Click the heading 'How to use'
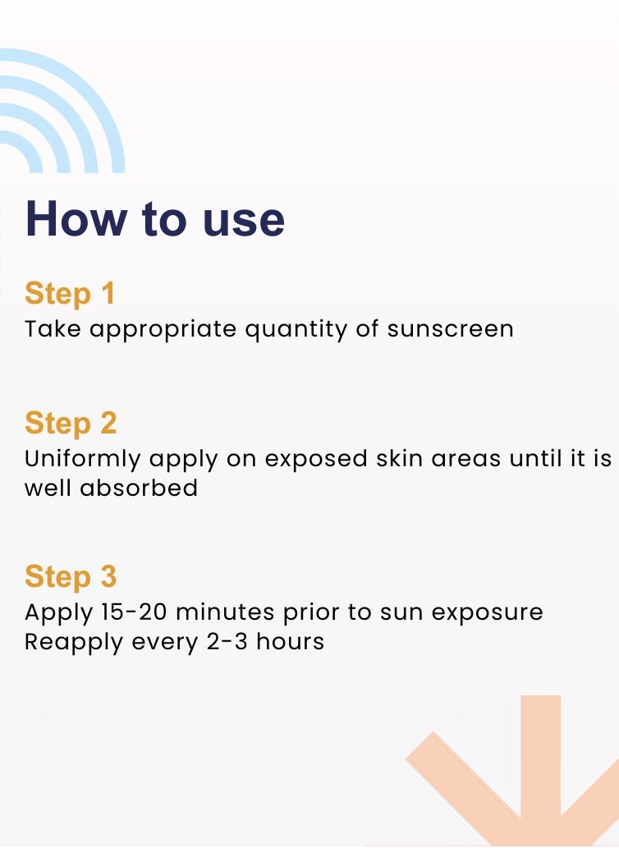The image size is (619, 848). click(x=155, y=218)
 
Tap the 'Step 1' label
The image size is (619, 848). click(x=70, y=293)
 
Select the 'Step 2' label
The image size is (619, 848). click(x=71, y=423)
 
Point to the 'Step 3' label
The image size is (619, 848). click(x=71, y=576)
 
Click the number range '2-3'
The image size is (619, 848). click(x=226, y=642)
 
